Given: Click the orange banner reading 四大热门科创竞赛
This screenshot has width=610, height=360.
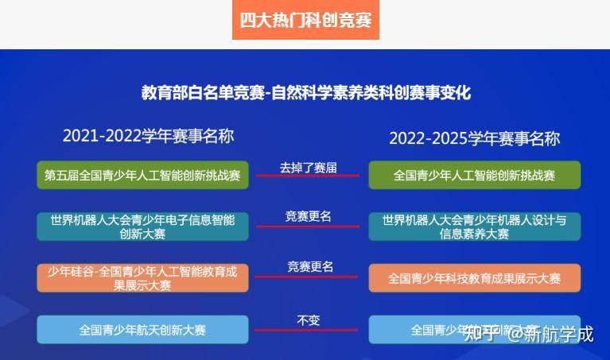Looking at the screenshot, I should [305, 20].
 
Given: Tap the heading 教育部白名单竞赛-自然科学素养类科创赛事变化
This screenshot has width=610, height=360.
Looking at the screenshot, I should [305, 92].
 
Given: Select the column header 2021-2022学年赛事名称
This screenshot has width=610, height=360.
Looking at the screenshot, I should [148, 136].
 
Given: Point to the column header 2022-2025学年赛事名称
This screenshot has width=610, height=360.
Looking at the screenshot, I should [474, 138].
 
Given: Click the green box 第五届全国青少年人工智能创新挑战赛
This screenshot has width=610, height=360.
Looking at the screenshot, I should [142, 175].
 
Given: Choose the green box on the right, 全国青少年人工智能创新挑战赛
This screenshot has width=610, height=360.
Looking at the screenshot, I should [474, 175].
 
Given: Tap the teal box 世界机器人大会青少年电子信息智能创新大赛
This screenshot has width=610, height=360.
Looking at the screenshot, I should [142, 226].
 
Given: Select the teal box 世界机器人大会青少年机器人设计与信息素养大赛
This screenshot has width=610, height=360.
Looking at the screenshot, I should [474, 226].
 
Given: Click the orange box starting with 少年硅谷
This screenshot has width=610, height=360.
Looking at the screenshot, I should [142, 278].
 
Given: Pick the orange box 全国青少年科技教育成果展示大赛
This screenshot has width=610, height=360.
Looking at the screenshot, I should [474, 278].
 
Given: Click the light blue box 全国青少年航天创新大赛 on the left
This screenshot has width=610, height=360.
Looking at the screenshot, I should [142, 329].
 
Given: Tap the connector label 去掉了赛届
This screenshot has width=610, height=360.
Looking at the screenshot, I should [308, 167].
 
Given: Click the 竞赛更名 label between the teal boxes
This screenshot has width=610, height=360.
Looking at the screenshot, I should [308, 216].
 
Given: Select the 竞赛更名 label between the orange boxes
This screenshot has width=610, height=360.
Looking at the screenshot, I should [310, 266].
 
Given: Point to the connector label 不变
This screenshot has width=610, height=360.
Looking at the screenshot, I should [308, 319].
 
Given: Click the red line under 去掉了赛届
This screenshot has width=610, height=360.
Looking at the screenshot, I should [308, 176].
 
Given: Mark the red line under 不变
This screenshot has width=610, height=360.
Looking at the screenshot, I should [308, 329].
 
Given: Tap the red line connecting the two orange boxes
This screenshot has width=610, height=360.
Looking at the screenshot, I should [308, 277].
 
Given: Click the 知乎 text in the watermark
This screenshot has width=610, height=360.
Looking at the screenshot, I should [481, 333].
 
